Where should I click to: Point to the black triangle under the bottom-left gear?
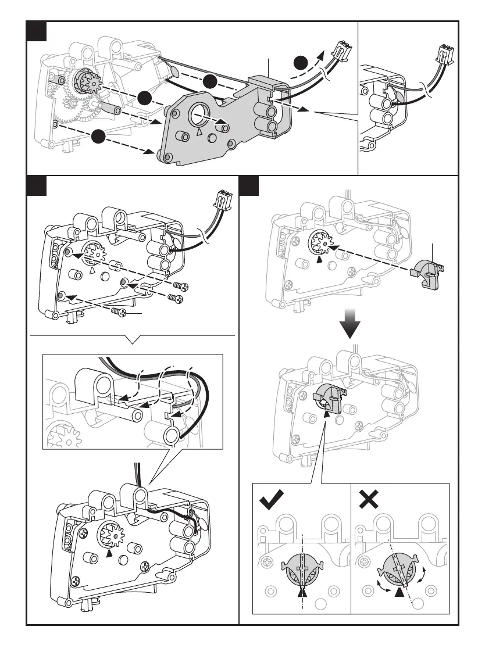tap(109, 553)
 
